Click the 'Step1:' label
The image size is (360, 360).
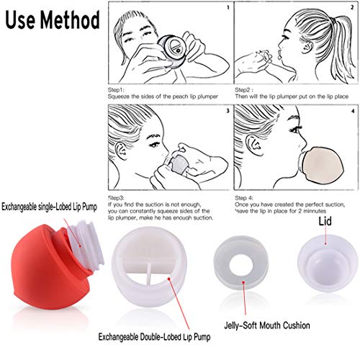point(117,90)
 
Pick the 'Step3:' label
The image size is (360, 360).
point(117,197)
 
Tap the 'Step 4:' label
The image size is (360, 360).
point(246,197)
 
